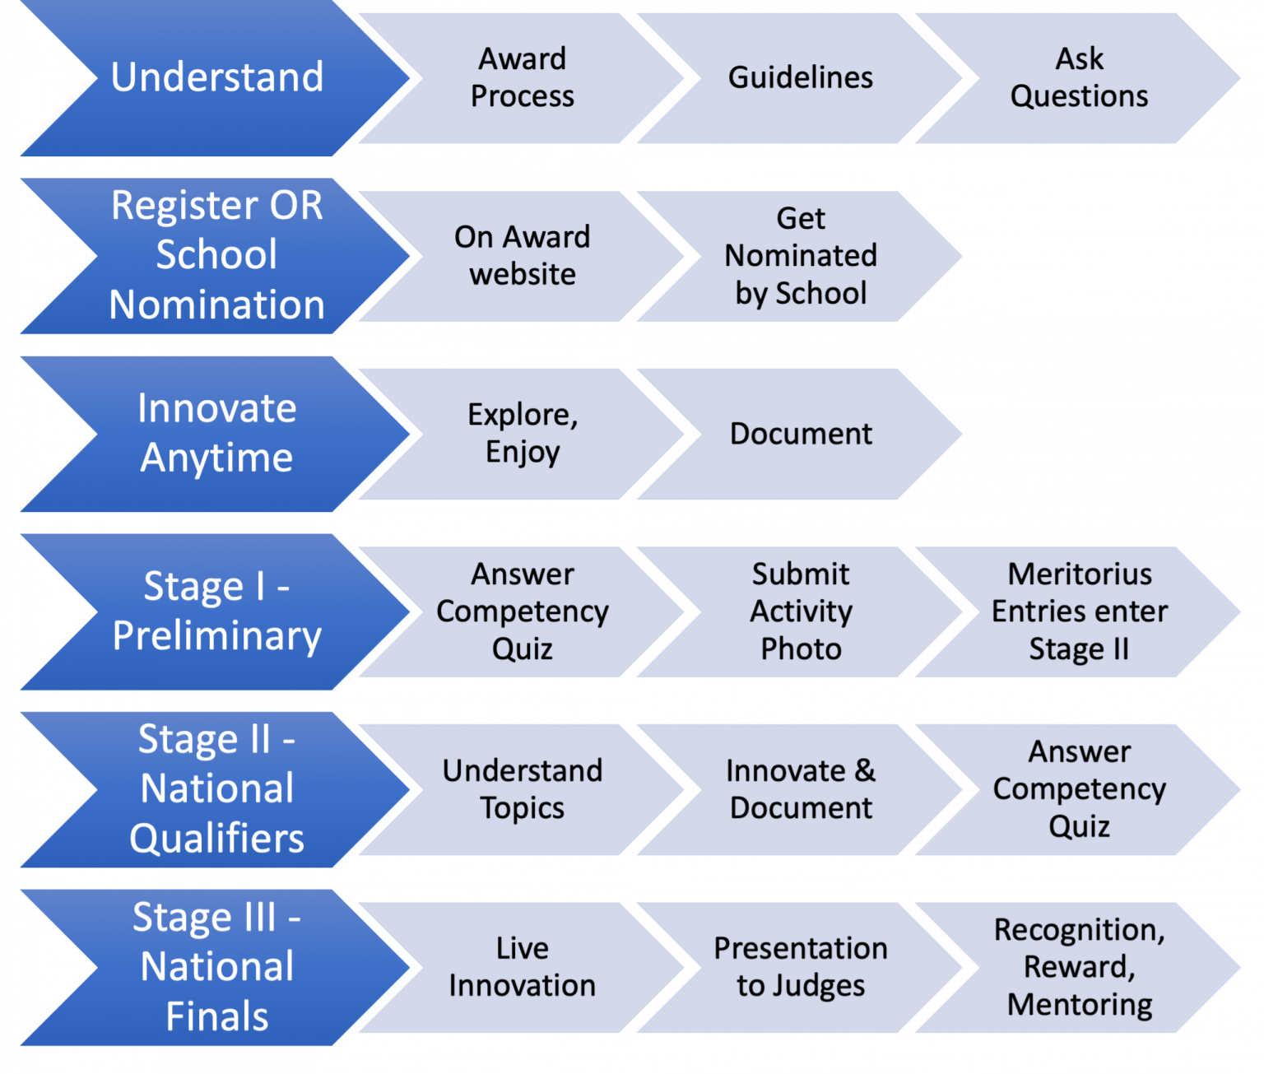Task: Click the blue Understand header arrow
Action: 216,77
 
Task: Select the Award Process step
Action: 522,78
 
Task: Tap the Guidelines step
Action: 800,78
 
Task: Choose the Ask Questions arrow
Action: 1079,78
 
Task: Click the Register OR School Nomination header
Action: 216,255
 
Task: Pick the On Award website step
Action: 522,256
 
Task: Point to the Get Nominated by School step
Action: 800,256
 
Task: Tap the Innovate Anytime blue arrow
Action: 216,433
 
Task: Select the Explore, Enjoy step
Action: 522,434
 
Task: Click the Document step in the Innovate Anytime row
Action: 800,434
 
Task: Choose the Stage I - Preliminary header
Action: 216,611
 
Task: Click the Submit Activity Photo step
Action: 800,611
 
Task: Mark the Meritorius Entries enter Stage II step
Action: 1079,611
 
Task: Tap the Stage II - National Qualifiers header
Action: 216,788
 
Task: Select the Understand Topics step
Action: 522,789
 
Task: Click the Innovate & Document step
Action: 800,789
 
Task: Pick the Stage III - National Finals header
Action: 216,966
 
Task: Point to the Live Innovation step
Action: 522,967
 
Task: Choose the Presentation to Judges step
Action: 800,967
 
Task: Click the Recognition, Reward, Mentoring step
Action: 1079,967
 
